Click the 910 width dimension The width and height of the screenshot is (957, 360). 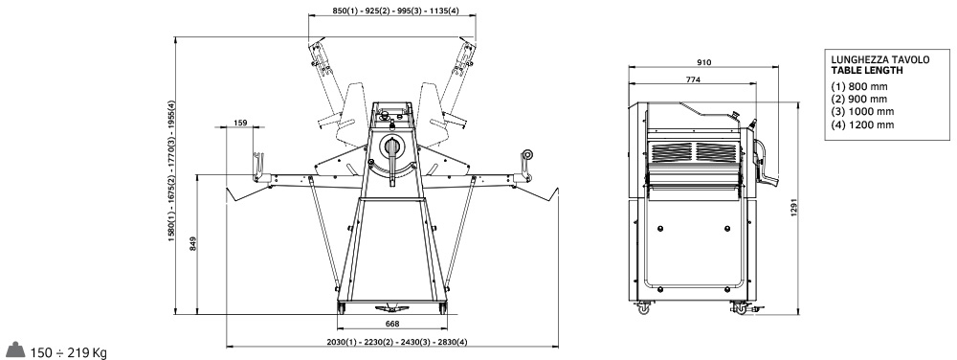pos(703,61)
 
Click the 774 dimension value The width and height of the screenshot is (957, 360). pos(692,79)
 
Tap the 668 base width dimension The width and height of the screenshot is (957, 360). pos(391,323)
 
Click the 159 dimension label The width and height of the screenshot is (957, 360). pos(240,124)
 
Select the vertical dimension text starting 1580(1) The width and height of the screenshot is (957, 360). pos(171,171)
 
